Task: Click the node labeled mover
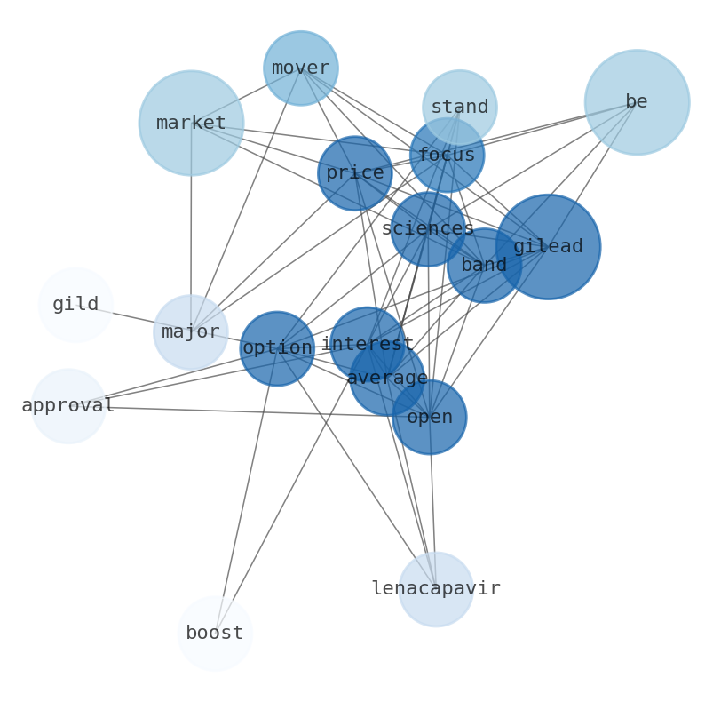[x=300, y=68]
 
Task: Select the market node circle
[x=191, y=123]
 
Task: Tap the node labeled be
[x=637, y=102]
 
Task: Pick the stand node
[x=459, y=107]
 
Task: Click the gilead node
[x=548, y=246]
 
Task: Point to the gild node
[x=75, y=305]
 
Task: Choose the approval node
[x=68, y=406]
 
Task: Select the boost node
[x=215, y=634]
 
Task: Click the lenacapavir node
[x=435, y=589]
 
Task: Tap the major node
[x=190, y=332]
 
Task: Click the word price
[x=354, y=172]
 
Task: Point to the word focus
[x=446, y=155]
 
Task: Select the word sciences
[x=427, y=228]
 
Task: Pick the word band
[x=484, y=265]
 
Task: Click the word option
[x=276, y=347]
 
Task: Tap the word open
[x=429, y=417]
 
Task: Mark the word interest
[x=367, y=343]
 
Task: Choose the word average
[x=386, y=379]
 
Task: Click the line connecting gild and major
[x=133, y=318]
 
